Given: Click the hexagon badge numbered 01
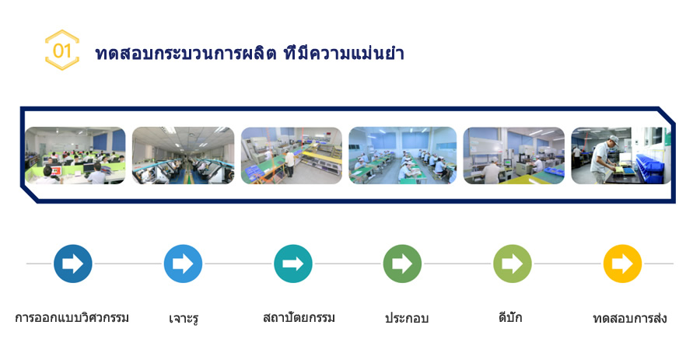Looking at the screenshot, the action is point(62,50).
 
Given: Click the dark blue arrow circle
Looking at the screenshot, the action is point(73,264).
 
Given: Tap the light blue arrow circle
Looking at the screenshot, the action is point(183,264).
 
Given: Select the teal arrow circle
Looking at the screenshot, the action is point(293,264).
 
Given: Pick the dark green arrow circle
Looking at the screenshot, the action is point(402,264).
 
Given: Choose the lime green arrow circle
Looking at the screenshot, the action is point(513,264).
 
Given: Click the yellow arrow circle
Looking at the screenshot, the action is point(622,264).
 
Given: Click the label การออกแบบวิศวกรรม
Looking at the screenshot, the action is point(72,317).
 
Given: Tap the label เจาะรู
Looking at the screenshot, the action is point(184,319).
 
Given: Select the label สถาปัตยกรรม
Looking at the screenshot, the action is point(299,317).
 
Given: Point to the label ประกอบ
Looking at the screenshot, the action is point(407,318).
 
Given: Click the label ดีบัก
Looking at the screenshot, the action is point(510,317).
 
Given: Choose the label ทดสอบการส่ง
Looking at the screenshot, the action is point(630,318).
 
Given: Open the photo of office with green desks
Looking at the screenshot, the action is point(75,156).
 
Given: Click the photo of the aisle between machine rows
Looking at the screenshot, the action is point(183,156).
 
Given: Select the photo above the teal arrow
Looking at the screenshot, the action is point(292,156).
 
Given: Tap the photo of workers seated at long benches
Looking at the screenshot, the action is point(403,156).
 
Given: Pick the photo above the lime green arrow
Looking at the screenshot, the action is point(514,156).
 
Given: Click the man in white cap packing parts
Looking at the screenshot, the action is point(604,159).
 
